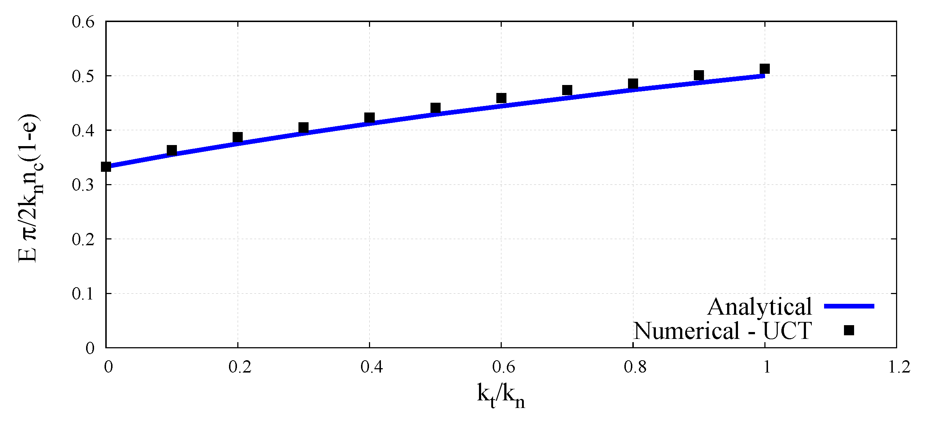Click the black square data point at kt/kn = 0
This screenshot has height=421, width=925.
click(x=106, y=167)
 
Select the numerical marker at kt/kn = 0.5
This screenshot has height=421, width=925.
click(x=435, y=108)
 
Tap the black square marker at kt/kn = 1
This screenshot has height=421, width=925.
click(x=764, y=69)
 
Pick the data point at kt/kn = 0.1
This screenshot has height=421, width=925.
click(x=172, y=150)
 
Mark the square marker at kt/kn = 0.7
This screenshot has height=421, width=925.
click(x=567, y=90)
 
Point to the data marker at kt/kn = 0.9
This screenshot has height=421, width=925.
click(x=699, y=76)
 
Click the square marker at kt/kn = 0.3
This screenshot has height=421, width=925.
click(x=304, y=128)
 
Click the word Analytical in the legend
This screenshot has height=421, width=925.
click(x=759, y=307)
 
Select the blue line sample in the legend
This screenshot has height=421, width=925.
click(x=849, y=306)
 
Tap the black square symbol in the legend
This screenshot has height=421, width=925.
click(x=849, y=330)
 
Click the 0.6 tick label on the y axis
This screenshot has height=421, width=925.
click(x=83, y=22)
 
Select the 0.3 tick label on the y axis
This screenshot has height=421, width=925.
click(x=83, y=185)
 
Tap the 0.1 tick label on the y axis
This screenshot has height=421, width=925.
click(x=83, y=294)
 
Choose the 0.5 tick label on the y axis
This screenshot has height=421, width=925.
click(x=83, y=76)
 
